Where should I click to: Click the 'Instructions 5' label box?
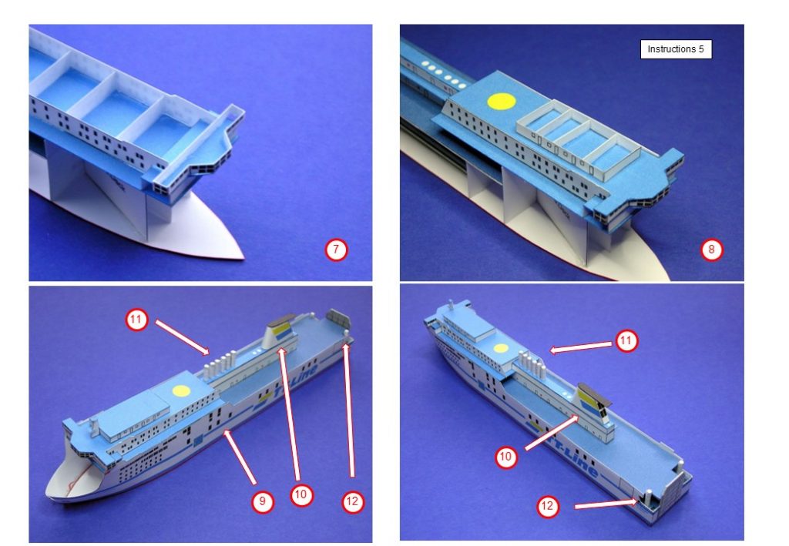[x=675, y=49]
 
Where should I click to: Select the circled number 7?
[x=336, y=250]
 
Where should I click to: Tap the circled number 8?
[x=711, y=250]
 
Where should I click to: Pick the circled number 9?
[x=262, y=501]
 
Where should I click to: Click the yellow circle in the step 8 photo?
[x=501, y=102]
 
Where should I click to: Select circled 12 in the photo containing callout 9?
[x=352, y=501]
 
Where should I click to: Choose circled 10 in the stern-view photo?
[x=505, y=457]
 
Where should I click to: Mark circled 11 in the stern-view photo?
[x=627, y=340]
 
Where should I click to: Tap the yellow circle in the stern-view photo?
[x=502, y=348]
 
